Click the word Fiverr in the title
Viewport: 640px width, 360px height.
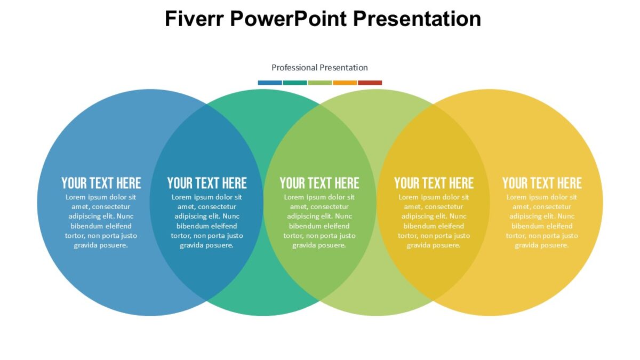point(194,19)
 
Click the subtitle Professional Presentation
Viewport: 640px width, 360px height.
point(319,68)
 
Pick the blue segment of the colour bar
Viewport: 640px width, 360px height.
point(270,83)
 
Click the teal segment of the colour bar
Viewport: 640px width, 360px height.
point(295,83)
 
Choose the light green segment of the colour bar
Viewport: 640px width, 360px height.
point(320,83)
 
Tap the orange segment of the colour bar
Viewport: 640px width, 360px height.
point(345,83)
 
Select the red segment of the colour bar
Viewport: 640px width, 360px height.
point(370,83)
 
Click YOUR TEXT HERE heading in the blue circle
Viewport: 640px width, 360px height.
point(101,183)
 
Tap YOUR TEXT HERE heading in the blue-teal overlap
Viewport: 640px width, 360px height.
point(207,183)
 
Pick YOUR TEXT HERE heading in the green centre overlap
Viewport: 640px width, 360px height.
point(319,183)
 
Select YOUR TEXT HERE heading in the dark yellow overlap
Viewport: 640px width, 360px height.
point(434,183)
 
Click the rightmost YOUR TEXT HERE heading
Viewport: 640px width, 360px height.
point(542,183)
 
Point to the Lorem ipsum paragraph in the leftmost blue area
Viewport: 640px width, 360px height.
point(101,221)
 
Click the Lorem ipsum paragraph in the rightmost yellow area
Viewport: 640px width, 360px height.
point(542,221)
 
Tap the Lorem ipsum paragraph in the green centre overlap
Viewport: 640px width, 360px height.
point(319,221)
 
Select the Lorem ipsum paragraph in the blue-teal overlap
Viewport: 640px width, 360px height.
point(207,221)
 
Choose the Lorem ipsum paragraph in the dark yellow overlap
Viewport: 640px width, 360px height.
point(434,221)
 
